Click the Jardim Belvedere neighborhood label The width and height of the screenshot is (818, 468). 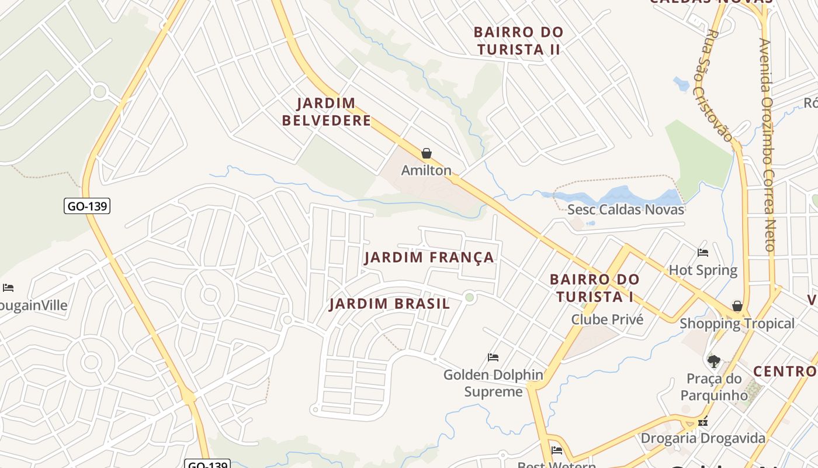tap(326, 112)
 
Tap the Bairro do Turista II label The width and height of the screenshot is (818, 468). tap(518, 40)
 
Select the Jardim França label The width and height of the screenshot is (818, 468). tap(429, 257)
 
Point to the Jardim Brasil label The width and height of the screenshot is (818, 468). tap(389, 304)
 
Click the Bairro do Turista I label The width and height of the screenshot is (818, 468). tap(595, 288)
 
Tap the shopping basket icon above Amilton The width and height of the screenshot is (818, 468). tap(427, 154)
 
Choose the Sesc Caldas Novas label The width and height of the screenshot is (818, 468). tap(626, 209)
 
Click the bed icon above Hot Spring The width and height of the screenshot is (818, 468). tap(703, 253)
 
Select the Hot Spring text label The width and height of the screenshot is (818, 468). tap(703, 270)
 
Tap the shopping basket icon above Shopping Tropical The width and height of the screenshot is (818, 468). tap(737, 307)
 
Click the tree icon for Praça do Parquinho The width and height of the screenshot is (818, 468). tap(713, 361)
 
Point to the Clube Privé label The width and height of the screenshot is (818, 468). tap(607, 319)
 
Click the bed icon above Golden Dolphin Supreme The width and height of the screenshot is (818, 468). tap(493, 357)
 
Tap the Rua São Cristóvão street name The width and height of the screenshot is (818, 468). tap(712, 85)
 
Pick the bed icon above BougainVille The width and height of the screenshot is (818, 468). tap(8, 288)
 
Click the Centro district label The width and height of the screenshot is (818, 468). tap(785, 371)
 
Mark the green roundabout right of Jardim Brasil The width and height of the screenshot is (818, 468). tap(469, 298)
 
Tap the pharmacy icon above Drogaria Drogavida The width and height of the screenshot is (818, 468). tap(703, 421)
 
